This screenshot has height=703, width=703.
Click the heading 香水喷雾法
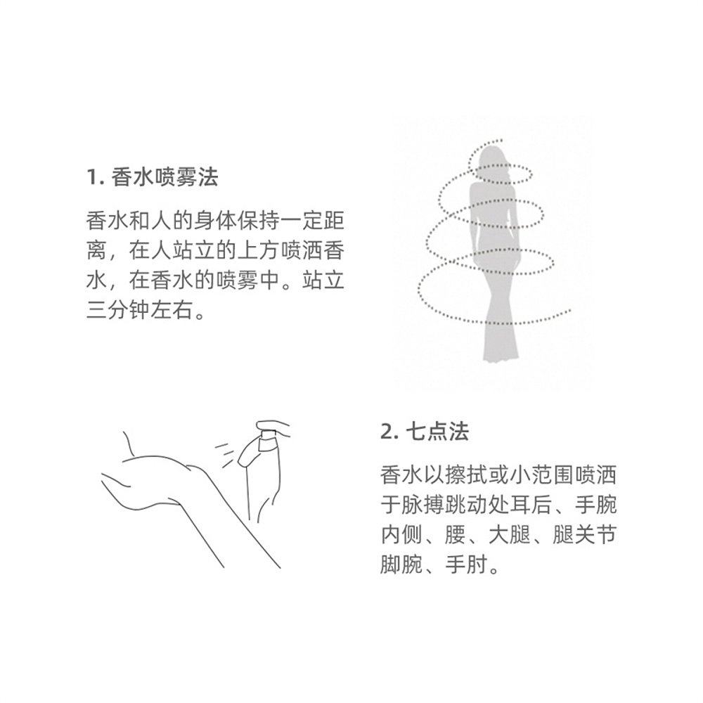point(165,177)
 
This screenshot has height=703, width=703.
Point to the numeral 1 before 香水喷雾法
point(91,177)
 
